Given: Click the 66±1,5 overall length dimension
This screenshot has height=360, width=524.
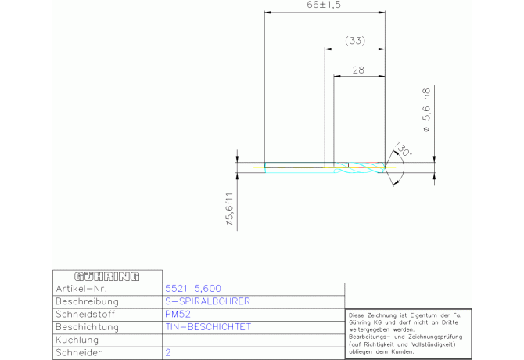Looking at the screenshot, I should [x=326, y=5].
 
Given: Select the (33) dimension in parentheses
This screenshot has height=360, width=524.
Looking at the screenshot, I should [x=355, y=40].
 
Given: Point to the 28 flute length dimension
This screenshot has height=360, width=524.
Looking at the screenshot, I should [x=359, y=70].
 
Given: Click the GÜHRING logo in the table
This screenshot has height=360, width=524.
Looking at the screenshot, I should [x=106, y=276].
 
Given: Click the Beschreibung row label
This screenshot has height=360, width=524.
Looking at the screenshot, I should [x=88, y=301].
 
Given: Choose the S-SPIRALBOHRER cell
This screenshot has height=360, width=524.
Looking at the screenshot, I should [x=208, y=301].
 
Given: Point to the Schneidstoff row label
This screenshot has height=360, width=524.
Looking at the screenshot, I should [x=87, y=314].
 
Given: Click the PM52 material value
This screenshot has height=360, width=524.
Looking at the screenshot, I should [x=179, y=314].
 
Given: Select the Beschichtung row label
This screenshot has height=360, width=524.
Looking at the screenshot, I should [x=87, y=327].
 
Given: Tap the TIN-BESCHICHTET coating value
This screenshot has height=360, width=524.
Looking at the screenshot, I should [x=209, y=327].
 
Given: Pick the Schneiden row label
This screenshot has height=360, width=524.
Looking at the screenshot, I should [x=81, y=353].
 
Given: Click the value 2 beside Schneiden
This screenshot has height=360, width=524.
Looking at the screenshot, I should [x=168, y=353].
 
